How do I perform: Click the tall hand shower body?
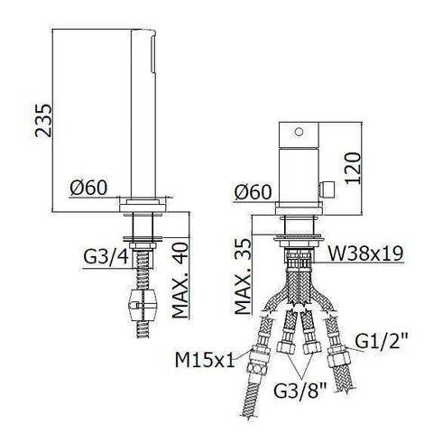point(152,108)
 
